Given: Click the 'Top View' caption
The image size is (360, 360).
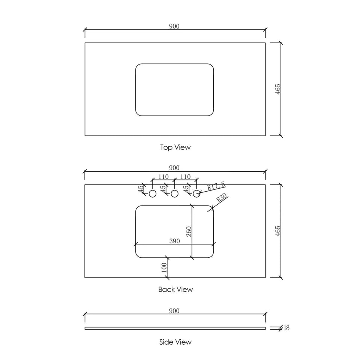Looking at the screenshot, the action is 175,147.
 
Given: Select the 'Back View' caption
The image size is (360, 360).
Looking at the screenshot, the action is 175,289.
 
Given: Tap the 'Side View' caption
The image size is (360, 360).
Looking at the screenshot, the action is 175,342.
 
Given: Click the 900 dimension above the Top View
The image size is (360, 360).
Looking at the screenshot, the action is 174,26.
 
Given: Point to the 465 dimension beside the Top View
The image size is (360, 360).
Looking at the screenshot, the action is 278,89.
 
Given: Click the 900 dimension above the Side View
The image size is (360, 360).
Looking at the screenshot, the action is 174,310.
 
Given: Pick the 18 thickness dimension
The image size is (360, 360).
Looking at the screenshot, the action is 286,328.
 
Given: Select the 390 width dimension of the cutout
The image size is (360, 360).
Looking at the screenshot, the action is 174,241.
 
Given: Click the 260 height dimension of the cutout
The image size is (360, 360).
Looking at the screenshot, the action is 189,232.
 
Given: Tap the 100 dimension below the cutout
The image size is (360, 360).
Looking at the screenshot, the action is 164,268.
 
